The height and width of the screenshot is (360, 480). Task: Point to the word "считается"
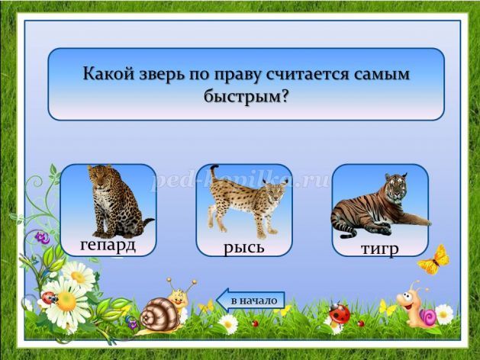pos(307,74)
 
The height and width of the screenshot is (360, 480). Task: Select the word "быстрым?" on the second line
pos(246,98)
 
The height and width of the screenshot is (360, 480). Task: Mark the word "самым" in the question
pos(382,74)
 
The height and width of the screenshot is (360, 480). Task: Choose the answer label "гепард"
pos(108,246)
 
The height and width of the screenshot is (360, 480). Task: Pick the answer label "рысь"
pos(244,247)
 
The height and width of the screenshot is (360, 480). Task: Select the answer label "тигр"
pos(380,249)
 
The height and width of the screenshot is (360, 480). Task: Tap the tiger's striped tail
pos(349,234)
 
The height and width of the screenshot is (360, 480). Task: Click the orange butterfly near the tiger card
pos(433,260)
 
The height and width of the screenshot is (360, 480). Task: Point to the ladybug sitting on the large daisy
pos(49,297)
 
